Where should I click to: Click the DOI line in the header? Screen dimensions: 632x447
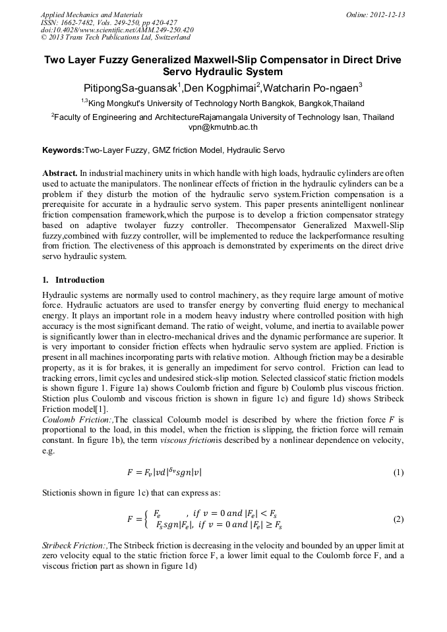[117, 30]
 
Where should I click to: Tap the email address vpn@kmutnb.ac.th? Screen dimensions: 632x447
[223, 127]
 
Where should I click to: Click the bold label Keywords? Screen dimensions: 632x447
[63, 150]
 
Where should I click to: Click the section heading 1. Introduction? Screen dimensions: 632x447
[73, 280]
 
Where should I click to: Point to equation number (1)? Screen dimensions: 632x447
[398, 473]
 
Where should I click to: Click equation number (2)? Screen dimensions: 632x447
[398, 519]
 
